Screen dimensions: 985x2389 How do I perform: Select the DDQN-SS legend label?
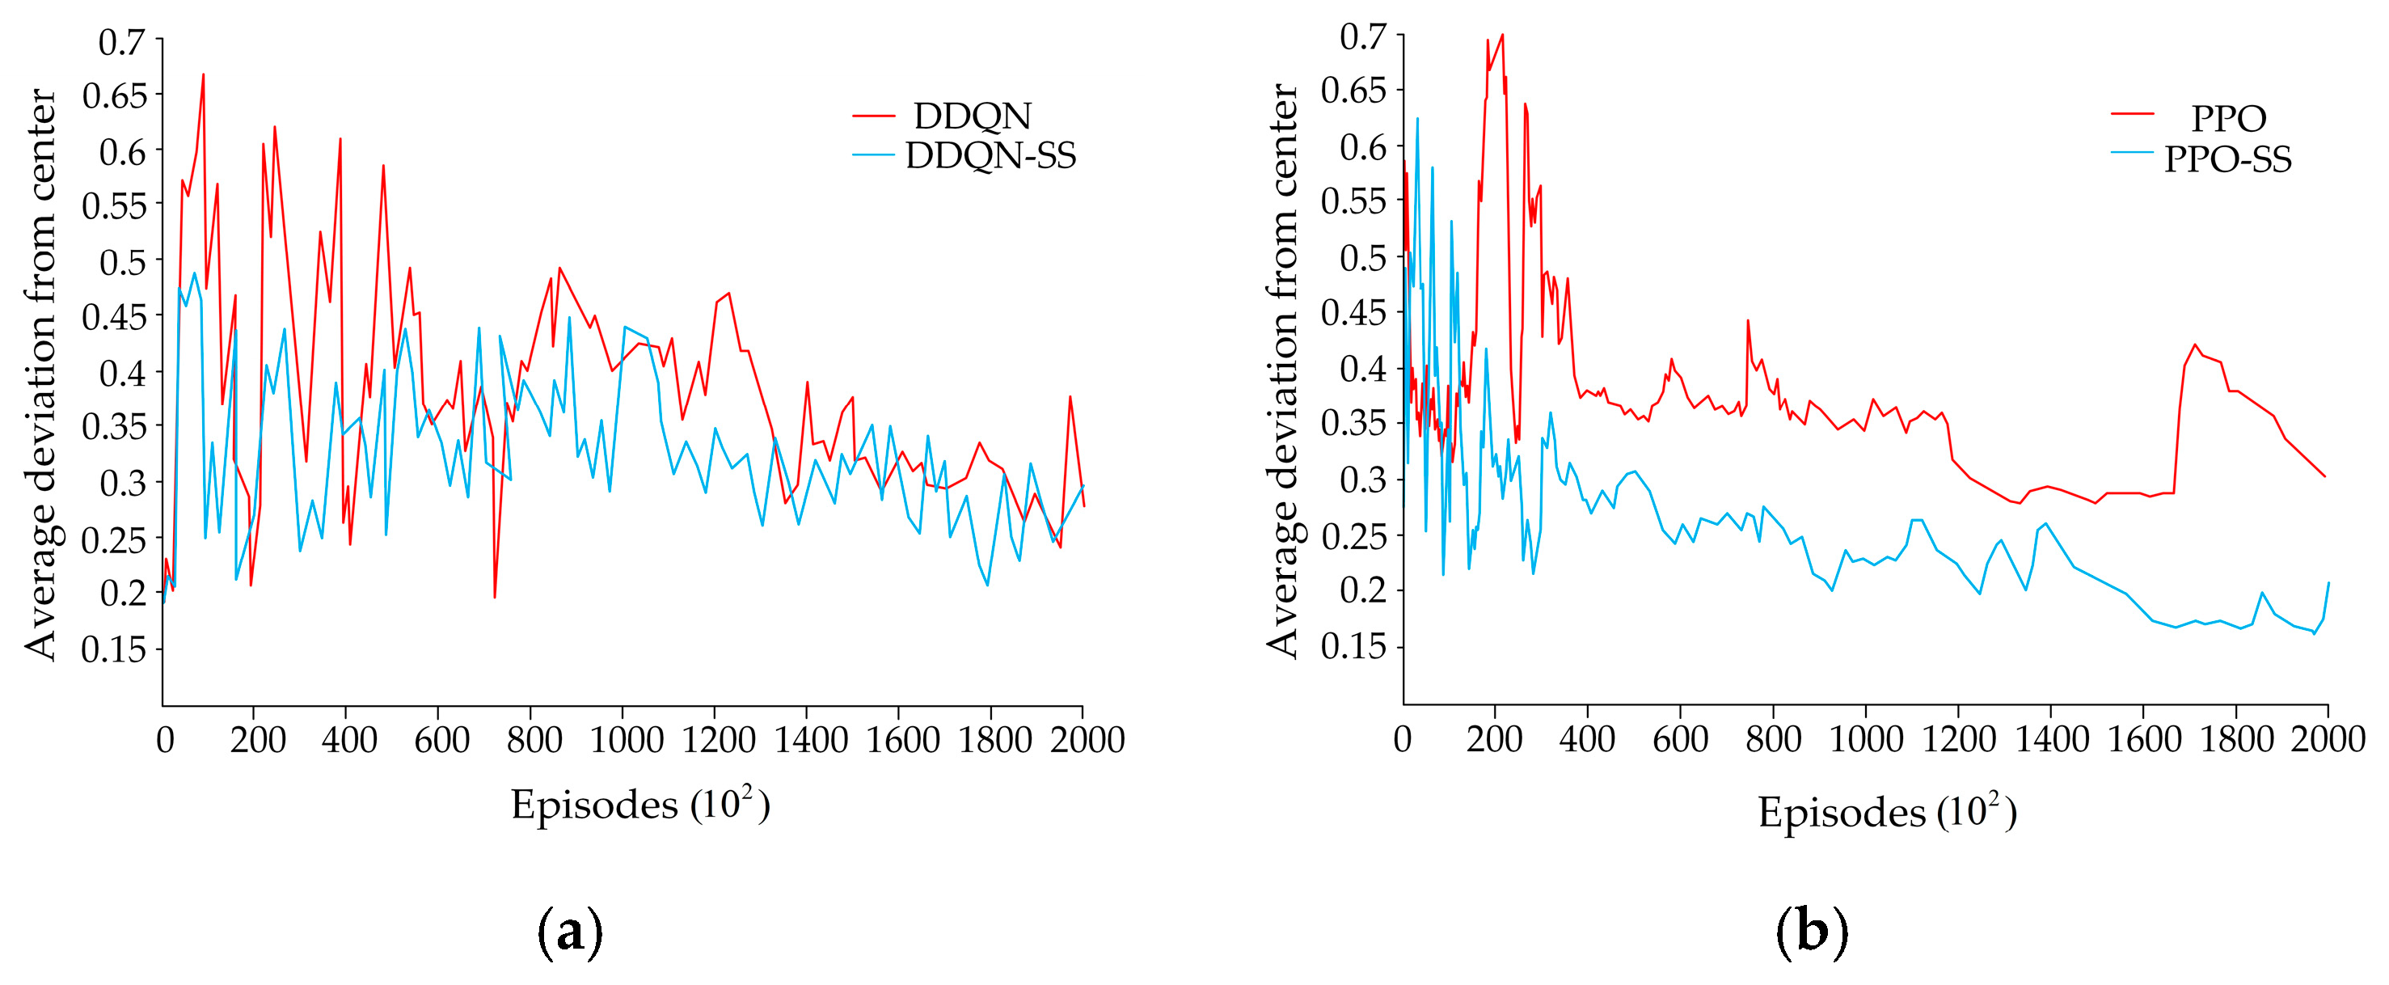point(990,157)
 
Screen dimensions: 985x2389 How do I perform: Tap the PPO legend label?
point(2227,120)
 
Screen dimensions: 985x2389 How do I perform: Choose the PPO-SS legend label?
point(2227,160)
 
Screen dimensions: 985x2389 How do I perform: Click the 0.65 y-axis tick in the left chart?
point(115,95)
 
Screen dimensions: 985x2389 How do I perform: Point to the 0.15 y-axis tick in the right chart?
point(1353,646)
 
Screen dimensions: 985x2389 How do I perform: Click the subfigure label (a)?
point(569,932)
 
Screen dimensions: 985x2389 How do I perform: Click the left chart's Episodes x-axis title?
point(640,805)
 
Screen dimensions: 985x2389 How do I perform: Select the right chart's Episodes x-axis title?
point(1886,813)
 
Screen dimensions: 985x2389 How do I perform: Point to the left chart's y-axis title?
point(42,374)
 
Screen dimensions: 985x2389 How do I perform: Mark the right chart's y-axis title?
point(1282,371)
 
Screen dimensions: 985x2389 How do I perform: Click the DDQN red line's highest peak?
point(203,74)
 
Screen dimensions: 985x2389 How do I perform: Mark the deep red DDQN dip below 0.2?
point(494,596)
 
